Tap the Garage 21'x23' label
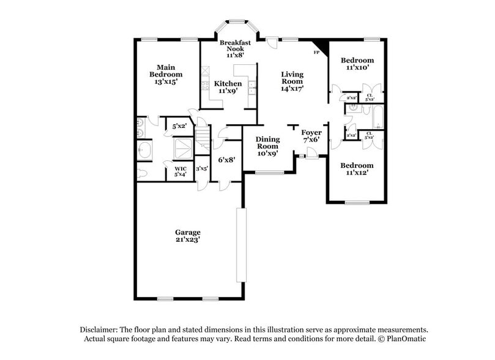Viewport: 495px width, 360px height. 188,236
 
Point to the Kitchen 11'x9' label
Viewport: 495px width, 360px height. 228,87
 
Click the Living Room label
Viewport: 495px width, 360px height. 292,81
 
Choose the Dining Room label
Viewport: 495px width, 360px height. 267,146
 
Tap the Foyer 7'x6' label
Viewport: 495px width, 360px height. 311,135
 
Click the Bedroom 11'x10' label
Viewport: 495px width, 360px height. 357,64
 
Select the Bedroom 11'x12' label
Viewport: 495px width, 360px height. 357,169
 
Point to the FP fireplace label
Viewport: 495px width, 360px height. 316,53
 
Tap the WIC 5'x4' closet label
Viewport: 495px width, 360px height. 181,171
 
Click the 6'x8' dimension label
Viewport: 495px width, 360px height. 227,160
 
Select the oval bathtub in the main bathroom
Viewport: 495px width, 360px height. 143,149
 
